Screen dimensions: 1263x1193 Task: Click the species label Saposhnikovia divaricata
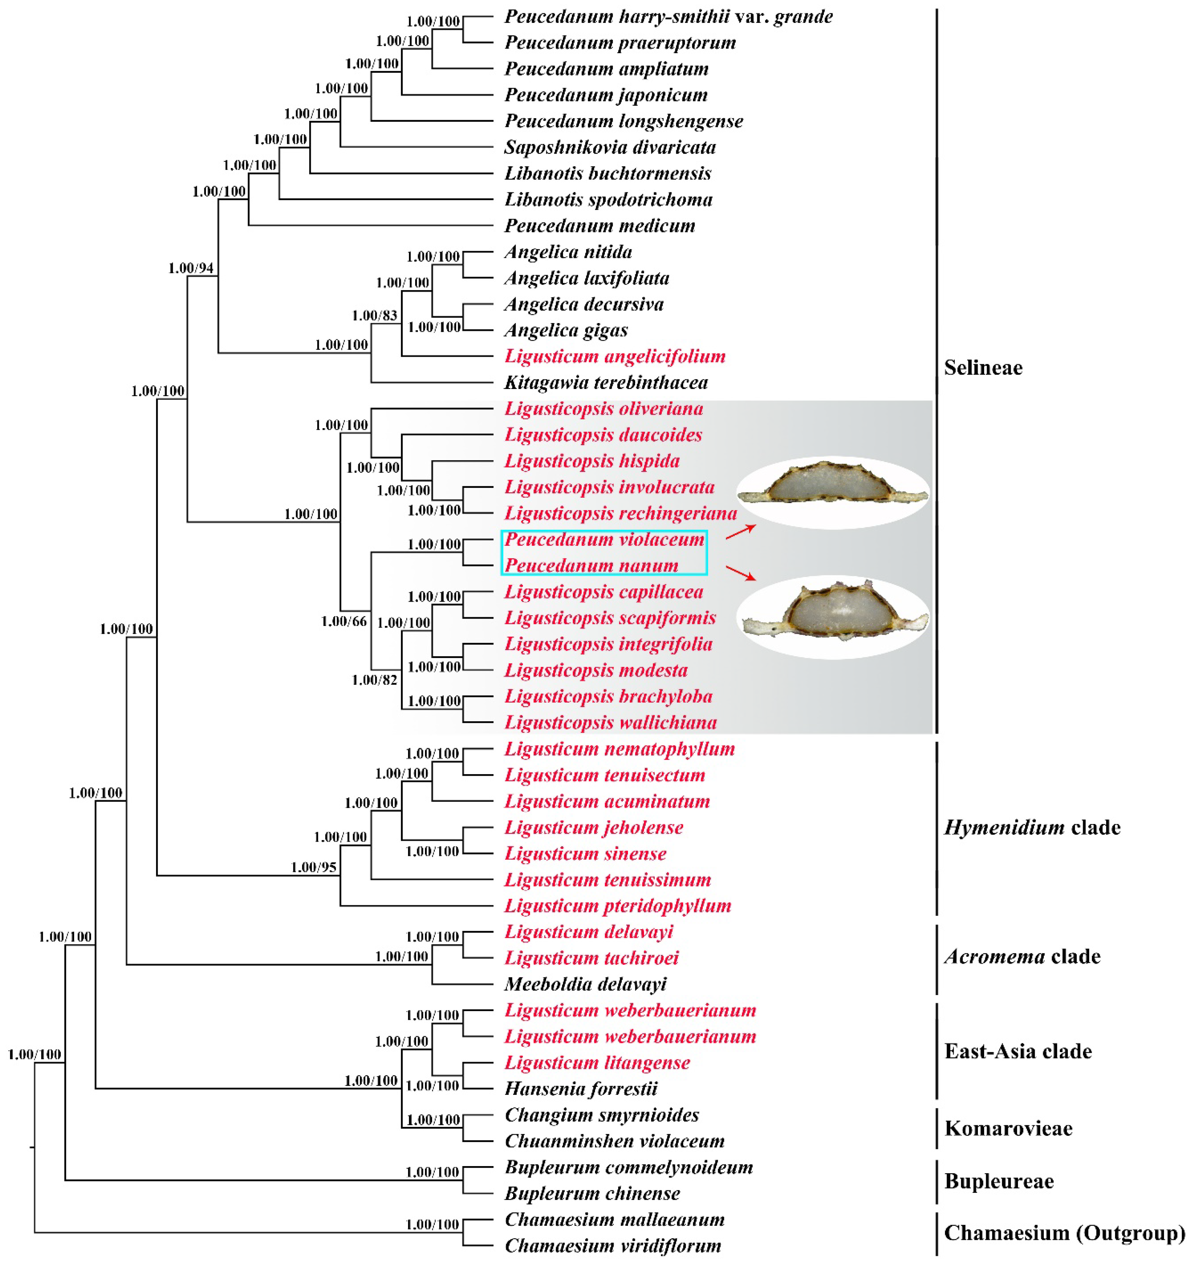610,148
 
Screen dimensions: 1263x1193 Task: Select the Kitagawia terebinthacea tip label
606,383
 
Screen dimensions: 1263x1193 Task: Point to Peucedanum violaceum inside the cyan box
604,540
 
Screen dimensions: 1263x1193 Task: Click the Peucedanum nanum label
591,566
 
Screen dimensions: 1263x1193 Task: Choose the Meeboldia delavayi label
585,984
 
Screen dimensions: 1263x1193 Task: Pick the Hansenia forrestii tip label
581,1089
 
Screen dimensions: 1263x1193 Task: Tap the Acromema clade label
1022,957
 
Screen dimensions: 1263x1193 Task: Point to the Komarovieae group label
1009,1129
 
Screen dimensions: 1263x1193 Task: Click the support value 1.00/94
191,268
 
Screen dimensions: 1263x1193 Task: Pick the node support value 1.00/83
375,316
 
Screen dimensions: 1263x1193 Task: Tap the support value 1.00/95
314,867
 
